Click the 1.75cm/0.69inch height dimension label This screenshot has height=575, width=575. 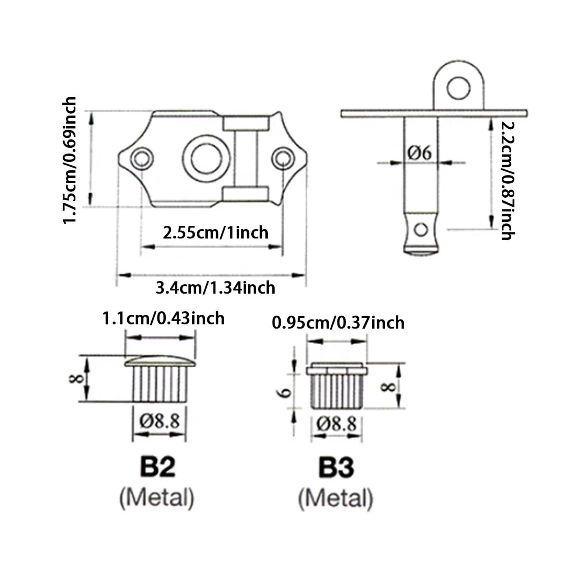pos(69,160)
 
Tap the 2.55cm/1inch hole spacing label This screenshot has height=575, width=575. pos(216,233)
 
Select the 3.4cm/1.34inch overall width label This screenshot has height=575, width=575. pos(216,288)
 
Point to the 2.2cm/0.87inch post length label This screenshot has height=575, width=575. pos(508,180)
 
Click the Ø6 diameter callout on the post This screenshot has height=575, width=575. pos(419,153)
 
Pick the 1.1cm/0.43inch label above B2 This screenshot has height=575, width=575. pos(164,318)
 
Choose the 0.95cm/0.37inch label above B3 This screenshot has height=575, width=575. pos(338,322)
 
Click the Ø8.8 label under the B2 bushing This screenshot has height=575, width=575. pos(160,420)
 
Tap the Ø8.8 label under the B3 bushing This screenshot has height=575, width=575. pos(337,424)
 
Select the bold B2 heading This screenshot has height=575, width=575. pos(157,467)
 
